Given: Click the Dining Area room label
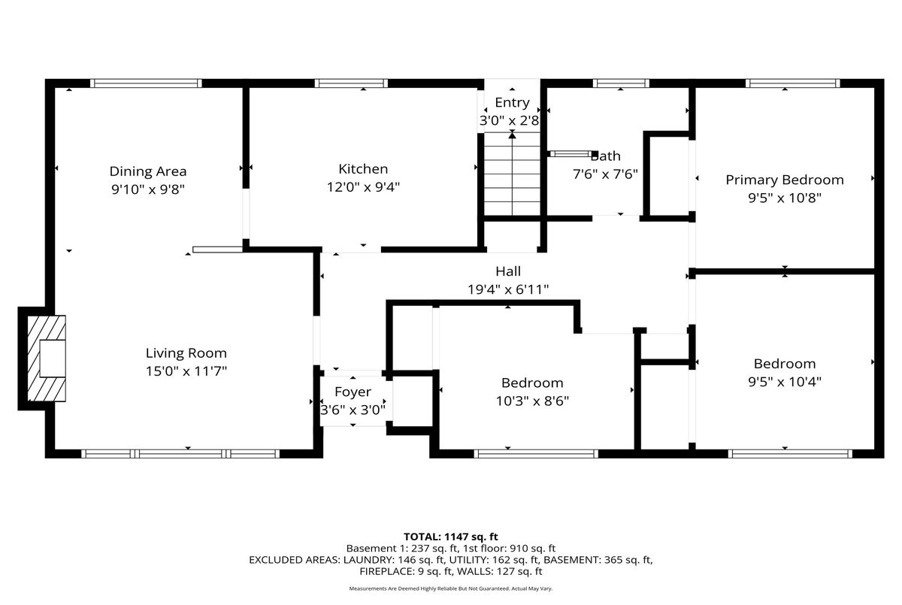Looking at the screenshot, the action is (x=148, y=171).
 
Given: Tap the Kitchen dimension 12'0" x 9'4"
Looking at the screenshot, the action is (x=363, y=187).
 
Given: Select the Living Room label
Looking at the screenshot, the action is (x=186, y=353).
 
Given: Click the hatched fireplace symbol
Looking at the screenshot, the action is (x=47, y=358).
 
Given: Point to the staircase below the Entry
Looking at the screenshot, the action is (x=512, y=174).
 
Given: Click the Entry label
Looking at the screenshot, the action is (x=512, y=103).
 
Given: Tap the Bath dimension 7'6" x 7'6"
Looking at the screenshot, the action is (x=605, y=174).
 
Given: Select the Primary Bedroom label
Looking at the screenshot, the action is (x=785, y=180).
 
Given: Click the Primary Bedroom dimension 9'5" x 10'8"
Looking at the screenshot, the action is (x=785, y=198).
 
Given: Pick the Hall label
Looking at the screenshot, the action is (x=508, y=271).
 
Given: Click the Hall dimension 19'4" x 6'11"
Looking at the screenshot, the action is (x=508, y=289).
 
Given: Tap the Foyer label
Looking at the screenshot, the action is (x=353, y=392).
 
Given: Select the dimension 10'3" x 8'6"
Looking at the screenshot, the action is (x=532, y=401).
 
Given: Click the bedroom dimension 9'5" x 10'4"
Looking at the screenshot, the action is (x=785, y=382).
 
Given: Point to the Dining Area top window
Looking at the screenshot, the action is (x=146, y=83).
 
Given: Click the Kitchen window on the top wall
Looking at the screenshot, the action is (x=351, y=83).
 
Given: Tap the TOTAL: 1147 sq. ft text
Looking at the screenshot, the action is (x=450, y=537).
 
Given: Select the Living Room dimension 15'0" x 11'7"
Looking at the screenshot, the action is (x=186, y=371).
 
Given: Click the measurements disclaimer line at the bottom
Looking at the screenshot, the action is (x=450, y=588).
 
